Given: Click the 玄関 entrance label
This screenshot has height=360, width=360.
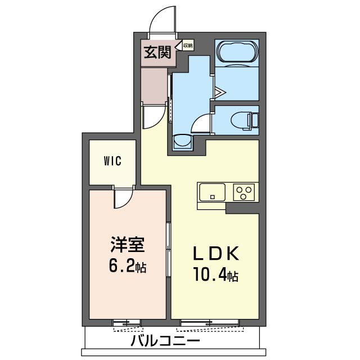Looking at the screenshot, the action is (x=157, y=52).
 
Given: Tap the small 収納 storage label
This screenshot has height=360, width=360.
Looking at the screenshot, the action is (x=187, y=46).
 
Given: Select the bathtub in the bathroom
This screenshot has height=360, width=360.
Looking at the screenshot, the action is (x=237, y=53).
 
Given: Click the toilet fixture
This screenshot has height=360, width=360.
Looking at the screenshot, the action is (x=244, y=120).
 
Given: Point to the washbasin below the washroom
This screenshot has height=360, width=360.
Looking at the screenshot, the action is (x=183, y=142).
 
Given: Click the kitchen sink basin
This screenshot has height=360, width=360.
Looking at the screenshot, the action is (x=212, y=192).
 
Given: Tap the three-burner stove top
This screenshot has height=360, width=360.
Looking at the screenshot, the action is (x=244, y=192).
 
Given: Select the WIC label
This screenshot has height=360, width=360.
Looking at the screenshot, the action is (x=112, y=161).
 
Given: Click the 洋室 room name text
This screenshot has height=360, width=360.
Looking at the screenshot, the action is (x=128, y=245).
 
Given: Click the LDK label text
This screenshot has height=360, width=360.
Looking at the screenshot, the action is (x=216, y=254).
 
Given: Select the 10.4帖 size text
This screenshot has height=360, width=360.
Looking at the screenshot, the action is (x=216, y=275).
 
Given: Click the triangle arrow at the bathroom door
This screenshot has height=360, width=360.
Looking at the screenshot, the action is (x=220, y=92).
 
